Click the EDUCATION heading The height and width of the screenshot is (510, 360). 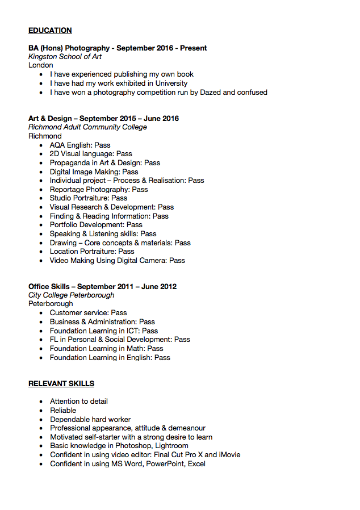[50, 31]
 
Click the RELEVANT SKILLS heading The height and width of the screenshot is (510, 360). [61, 384]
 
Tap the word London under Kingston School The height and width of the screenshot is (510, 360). [41, 65]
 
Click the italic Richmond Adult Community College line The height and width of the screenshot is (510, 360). [87, 127]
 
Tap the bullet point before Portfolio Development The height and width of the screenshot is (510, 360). [41, 225]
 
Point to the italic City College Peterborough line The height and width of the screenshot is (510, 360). [71, 295]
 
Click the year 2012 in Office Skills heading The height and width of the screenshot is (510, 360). [168, 287]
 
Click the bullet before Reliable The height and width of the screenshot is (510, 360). [41, 411]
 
